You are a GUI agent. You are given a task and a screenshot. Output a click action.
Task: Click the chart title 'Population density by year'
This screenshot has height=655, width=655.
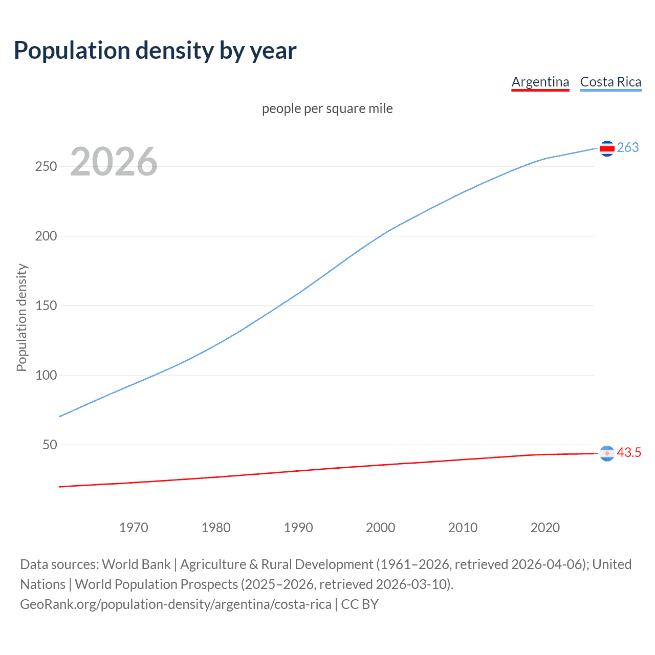[155, 51]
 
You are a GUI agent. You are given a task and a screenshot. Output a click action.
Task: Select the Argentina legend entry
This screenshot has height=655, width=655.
[540, 82]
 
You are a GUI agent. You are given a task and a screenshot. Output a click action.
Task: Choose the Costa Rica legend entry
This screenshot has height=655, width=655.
[610, 82]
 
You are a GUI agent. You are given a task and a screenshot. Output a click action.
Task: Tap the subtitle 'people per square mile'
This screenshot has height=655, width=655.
[327, 108]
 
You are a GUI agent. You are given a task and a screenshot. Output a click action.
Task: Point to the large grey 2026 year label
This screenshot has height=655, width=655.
[114, 162]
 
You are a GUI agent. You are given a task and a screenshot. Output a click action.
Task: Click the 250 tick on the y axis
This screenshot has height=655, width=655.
[46, 167]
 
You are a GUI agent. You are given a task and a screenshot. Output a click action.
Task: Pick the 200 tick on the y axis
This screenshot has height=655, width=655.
[46, 236]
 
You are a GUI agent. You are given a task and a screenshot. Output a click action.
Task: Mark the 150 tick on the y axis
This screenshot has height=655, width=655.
[46, 306]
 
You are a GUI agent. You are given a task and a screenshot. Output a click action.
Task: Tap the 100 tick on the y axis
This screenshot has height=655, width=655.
[46, 376]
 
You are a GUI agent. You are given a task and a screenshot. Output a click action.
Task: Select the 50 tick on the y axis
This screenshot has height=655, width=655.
[50, 445]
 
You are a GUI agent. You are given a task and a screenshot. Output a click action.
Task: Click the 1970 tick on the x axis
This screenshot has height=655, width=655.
[134, 528]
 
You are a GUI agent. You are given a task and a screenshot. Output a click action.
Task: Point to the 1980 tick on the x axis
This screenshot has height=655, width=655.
[216, 528]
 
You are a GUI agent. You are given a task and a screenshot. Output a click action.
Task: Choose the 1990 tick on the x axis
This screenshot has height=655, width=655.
[298, 528]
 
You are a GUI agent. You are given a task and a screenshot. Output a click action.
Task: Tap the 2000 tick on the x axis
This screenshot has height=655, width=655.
[381, 528]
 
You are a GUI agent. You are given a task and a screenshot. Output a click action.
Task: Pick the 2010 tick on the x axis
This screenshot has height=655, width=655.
[463, 528]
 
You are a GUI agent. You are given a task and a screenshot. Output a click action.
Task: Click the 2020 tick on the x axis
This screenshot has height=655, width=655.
[545, 528]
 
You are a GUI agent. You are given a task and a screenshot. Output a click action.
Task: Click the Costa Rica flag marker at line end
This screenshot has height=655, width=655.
[607, 148]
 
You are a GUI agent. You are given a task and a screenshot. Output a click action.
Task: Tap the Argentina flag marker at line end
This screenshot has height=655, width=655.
[607, 453]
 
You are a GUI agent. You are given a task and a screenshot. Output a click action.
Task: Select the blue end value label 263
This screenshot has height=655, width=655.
[628, 148]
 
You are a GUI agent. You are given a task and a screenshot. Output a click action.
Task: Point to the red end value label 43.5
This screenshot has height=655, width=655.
[629, 453]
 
